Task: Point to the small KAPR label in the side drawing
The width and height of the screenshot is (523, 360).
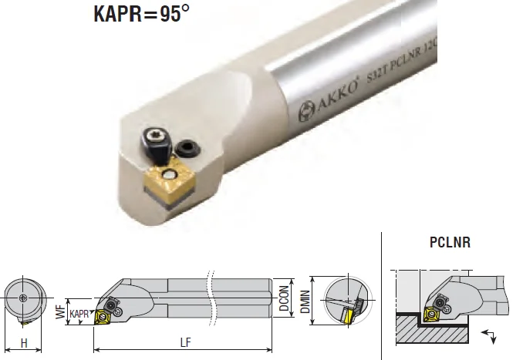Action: [x=79, y=315]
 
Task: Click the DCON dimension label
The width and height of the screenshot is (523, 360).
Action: [x=285, y=298]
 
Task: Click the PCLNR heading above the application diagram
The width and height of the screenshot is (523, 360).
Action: [x=450, y=242]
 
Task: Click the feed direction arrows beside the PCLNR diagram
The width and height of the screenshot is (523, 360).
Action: [x=487, y=335]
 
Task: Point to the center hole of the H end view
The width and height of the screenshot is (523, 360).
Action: [x=24, y=297]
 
